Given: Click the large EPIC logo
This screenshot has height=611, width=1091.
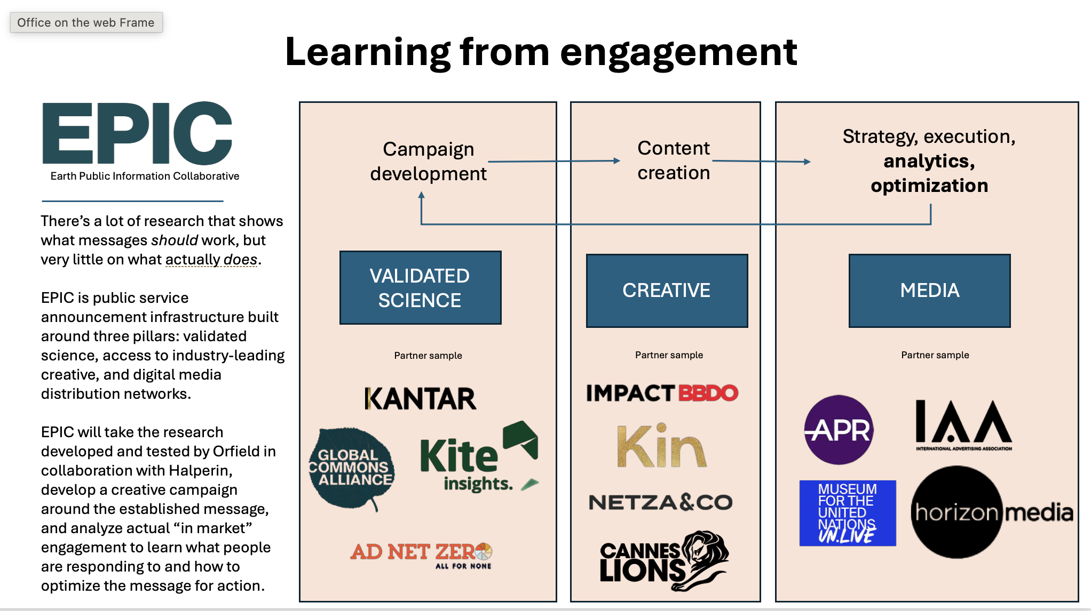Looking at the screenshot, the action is (137, 133).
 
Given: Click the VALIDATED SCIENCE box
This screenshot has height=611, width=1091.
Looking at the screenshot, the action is (421, 288).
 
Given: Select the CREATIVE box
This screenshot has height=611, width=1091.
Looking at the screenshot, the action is (667, 291).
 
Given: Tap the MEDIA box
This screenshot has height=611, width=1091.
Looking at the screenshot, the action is (929, 291).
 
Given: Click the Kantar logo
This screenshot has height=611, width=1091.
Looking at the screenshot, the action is (420, 399).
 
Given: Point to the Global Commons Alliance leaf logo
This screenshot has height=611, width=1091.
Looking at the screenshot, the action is (352, 469).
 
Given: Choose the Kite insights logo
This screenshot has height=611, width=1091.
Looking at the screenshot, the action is (479, 457).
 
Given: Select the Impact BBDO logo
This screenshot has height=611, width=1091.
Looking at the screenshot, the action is (662, 393).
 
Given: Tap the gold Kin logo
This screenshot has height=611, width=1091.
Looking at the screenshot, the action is (662, 446).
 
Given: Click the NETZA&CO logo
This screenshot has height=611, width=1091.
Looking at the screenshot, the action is (661, 502).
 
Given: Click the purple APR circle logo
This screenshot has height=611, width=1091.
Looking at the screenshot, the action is (839, 430).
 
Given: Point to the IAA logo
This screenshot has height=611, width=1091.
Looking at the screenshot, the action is (963, 425).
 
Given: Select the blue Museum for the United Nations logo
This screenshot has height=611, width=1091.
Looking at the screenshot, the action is (848, 513).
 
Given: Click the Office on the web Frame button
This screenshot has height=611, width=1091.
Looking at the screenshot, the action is (86, 22).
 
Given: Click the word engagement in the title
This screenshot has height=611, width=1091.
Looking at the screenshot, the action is (678, 53).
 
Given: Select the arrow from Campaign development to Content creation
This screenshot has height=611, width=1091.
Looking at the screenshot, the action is (554, 161).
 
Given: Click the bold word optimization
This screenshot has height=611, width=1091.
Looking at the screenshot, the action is (929, 186).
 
